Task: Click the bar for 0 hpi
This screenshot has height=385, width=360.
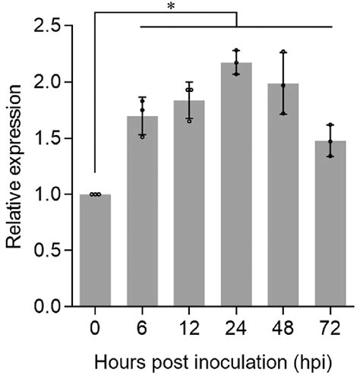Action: pyautogui.click(x=95, y=251)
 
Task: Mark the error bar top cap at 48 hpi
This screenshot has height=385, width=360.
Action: pyautogui.click(x=284, y=52)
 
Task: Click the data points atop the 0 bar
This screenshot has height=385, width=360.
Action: pyautogui.click(x=95, y=194)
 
